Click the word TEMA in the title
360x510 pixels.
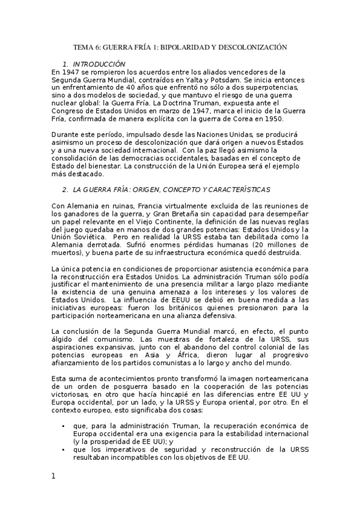83,46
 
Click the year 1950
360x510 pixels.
270,118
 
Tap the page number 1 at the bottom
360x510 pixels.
54,476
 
